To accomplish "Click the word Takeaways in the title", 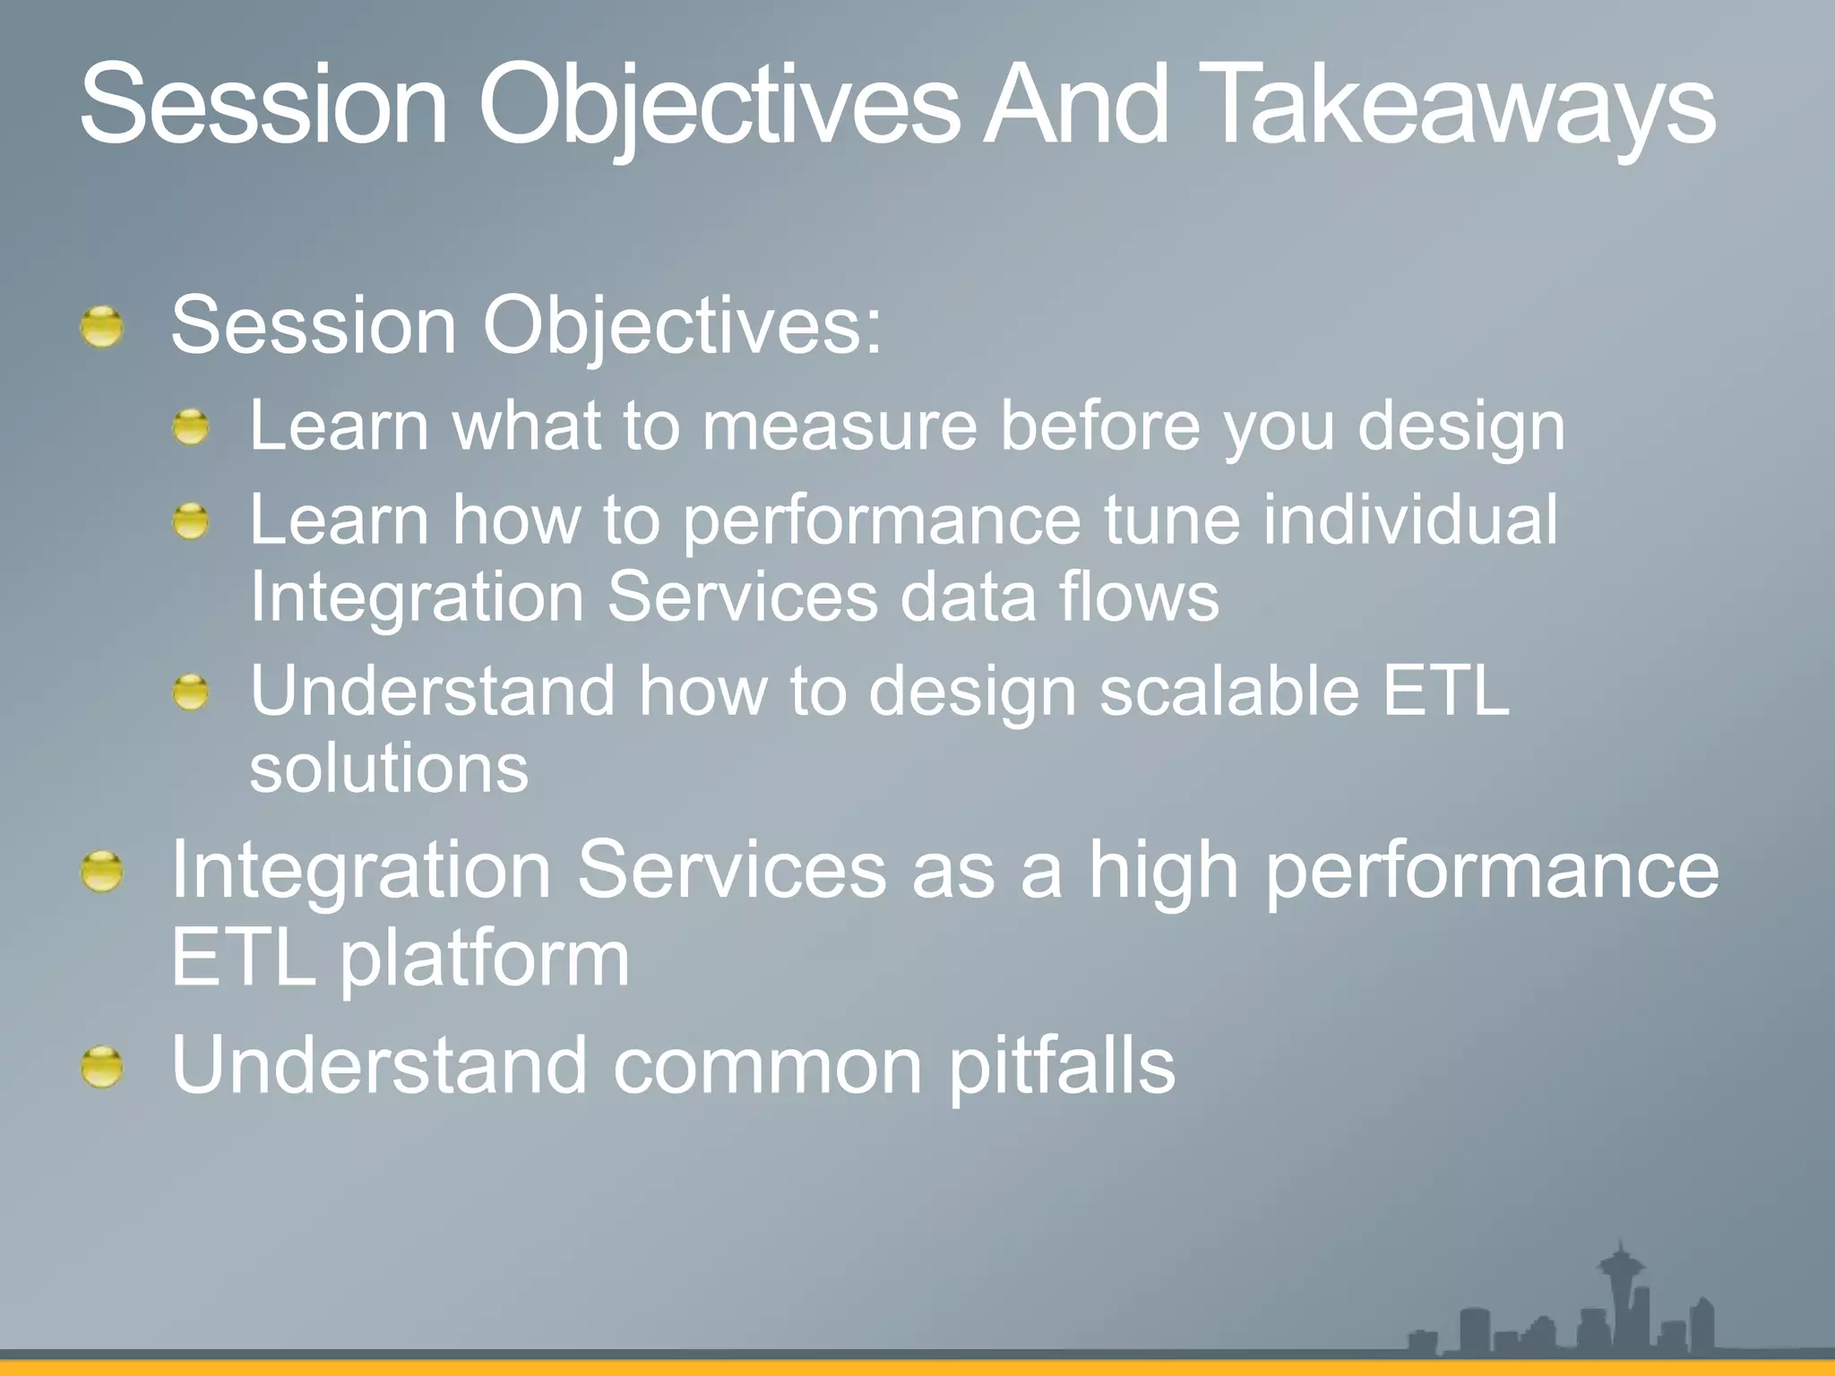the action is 1462,105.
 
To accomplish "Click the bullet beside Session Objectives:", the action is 101,327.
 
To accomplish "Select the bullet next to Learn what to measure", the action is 191,427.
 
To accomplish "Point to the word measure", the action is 840,427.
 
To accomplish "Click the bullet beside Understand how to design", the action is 191,693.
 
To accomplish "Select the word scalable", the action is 1229,691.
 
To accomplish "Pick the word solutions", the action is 389,769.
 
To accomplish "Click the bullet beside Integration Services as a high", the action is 101,872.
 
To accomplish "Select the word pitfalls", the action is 1062,1065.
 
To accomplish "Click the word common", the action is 767,1067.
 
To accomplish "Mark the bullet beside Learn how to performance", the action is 191,521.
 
